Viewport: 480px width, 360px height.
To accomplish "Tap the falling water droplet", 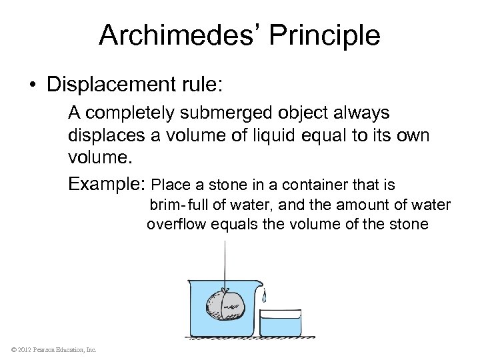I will pyautogui.click(x=266, y=294).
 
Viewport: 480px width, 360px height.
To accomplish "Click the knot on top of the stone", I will pyautogui.click(x=226, y=291).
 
